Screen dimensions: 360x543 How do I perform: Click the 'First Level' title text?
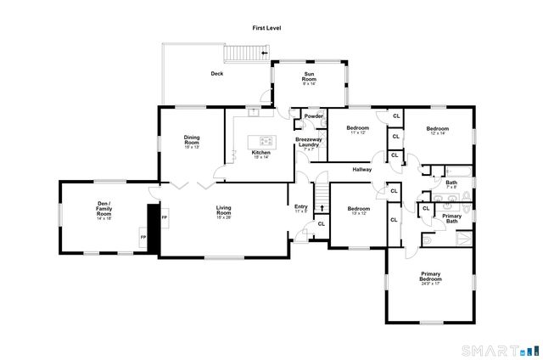pyautogui.click(x=266, y=28)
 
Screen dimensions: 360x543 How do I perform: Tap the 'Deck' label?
pyautogui.click(x=217, y=74)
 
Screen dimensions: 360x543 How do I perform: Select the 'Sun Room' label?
pyautogui.click(x=311, y=79)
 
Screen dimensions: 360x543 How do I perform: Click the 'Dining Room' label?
pyautogui.click(x=192, y=142)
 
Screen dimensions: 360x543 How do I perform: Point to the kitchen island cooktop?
pyautogui.click(x=262, y=141)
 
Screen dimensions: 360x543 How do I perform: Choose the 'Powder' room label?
pyautogui.click(x=314, y=116)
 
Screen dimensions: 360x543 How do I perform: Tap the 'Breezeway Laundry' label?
pyautogui.click(x=307, y=142)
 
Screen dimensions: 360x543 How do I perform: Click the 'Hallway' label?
pyautogui.click(x=363, y=170)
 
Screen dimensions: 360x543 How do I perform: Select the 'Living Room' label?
pyautogui.click(x=224, y=210)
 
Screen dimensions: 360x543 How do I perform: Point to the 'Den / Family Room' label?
pyautogui.click(x=104, y=209)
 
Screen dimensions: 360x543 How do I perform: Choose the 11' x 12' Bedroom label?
pyautogui.click(x=357, y=130)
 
